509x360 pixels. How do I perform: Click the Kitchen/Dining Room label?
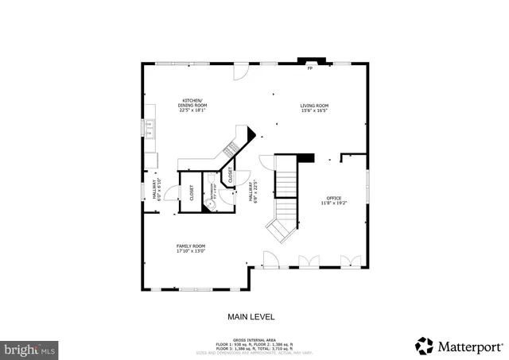coord(191,102)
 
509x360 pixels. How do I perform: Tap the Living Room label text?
coord(314,106)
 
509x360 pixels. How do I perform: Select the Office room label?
coord(333,198)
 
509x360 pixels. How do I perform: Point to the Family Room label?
coord(191,246)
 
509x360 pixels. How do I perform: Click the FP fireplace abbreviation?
coord(309,68)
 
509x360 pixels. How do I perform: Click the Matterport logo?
coord(459,346)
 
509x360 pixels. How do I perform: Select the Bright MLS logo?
coord(30,349)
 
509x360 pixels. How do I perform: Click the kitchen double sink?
coord(150,127)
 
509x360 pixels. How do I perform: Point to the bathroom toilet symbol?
coord(210,206)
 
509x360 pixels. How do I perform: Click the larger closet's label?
coord(191,193)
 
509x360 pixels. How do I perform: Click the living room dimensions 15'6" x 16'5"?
coord(314,111)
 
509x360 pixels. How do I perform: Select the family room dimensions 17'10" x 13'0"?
coord(191,252)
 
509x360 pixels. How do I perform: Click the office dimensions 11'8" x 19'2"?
coord(333,203)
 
